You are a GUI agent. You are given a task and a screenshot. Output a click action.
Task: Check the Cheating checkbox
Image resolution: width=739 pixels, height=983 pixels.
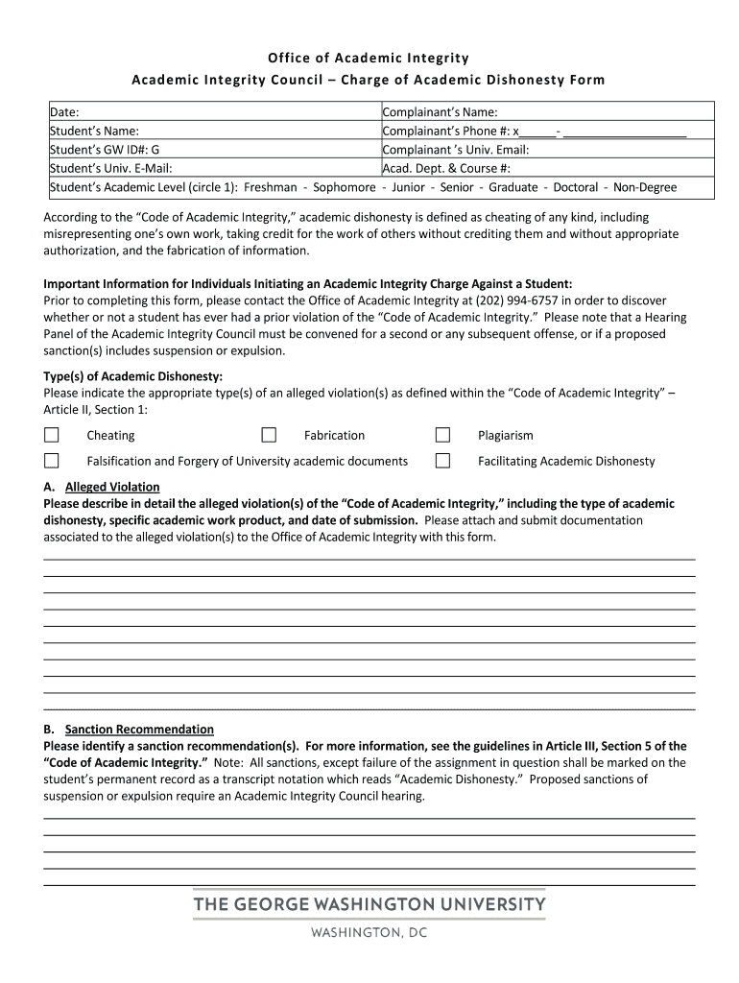(51, 435)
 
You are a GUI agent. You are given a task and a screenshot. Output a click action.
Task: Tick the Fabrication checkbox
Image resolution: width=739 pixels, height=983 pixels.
(269, 435)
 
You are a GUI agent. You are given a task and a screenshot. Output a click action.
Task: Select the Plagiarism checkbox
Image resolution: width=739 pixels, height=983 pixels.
(442, 435)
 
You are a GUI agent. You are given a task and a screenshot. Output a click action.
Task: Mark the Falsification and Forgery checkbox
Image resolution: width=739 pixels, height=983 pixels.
(51, 461)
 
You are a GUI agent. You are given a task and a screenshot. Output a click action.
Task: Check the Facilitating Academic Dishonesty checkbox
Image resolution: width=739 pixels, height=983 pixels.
(442, 461)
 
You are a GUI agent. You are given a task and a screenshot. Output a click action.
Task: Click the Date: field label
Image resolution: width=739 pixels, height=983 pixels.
(64, 112)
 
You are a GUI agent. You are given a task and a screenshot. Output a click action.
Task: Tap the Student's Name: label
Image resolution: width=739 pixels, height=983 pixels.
(94, 131)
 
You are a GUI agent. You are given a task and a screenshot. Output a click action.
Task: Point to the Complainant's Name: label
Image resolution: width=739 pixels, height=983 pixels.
(440, 112)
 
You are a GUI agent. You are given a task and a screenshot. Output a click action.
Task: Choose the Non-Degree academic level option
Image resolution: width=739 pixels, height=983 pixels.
(645, 187)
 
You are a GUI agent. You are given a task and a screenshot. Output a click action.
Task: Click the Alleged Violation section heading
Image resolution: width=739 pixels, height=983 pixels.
(112, 487)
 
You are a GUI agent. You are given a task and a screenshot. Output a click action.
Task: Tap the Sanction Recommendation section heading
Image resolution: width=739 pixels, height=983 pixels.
(139, 730)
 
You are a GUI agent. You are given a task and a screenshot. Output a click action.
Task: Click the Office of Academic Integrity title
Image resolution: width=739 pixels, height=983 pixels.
(369, 60)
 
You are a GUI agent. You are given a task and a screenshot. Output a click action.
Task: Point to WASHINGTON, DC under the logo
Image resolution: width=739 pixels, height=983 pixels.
(369, 932)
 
